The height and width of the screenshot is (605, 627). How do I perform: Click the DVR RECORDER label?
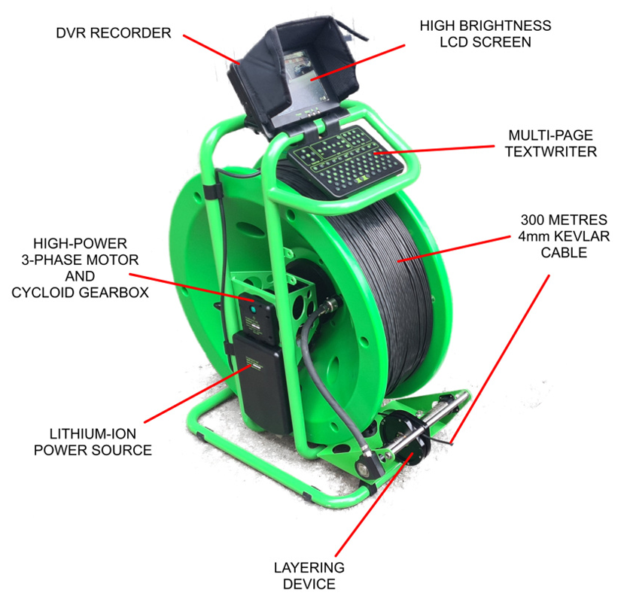[112, 32]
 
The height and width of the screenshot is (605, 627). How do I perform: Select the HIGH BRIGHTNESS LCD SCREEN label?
[485, 34]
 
